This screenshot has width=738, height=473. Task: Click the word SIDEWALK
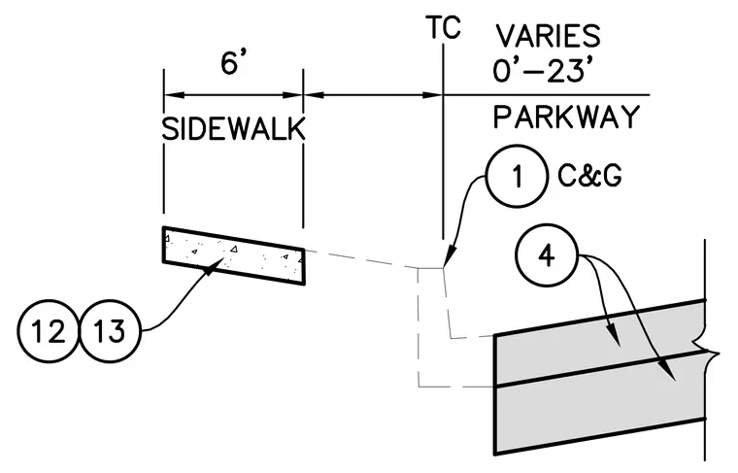[233, 129]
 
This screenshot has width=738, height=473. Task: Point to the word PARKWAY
[566, 117]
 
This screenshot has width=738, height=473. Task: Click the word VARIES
[549, 36]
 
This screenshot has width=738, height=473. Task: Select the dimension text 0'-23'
[542, 71]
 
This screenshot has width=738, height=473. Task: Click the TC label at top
[443, 27]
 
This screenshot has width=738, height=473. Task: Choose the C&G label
[589, 176]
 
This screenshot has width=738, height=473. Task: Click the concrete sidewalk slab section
[233, 255]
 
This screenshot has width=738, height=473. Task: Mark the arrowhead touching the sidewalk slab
[215, 265]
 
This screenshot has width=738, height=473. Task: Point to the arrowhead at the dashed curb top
[449, 258]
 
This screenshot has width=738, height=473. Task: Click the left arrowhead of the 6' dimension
[173, 95]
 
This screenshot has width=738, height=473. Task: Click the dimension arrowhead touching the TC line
[432, 95]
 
